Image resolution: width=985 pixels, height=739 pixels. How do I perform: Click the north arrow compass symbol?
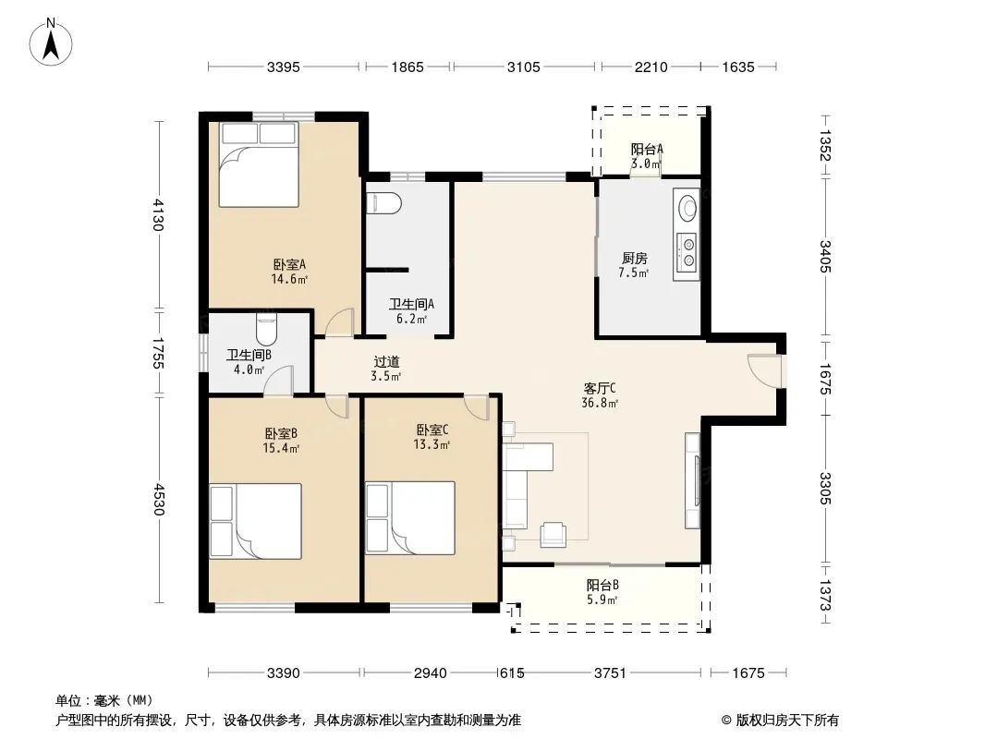point(51,42)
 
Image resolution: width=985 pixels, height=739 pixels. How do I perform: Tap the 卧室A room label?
point(289,264)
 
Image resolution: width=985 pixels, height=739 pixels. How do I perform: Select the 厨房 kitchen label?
point(635,258)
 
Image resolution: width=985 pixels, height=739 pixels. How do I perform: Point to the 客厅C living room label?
point(600,389)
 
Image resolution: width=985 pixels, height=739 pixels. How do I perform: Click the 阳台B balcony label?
point(602,585)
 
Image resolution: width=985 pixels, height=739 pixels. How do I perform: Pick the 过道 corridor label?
point(386,362)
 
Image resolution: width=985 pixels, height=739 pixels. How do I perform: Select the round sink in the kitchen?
point(687,207)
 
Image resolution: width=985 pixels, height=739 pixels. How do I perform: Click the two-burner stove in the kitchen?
point(686,252)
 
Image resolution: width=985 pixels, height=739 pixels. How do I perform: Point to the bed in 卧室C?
point(410,518)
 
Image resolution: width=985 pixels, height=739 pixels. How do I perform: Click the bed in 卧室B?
point(256,521)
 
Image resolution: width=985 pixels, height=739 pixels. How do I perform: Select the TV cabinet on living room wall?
point(692,480)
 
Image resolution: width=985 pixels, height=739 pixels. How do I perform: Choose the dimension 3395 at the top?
point(284,67)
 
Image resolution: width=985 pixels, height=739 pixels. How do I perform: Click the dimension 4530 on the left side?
point(158,499)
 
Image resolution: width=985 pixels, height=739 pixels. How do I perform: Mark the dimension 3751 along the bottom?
point(610,673)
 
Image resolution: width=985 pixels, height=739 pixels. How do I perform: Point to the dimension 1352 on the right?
point(825,145)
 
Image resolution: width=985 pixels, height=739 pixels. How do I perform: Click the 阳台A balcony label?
point(647,149)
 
